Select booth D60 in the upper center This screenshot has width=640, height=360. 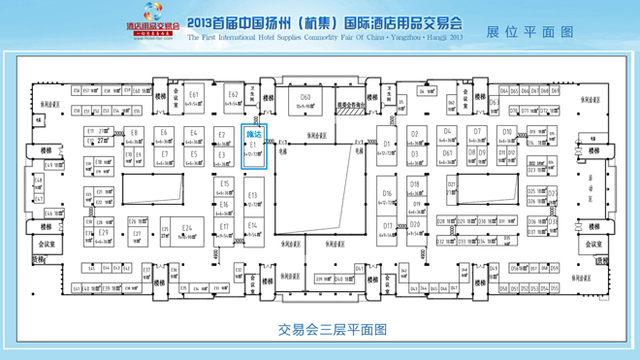tap(305, 101)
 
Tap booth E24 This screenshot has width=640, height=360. tap(186, 231)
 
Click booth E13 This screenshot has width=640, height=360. tap(253, 198)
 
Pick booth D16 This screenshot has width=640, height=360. tap(387, 197)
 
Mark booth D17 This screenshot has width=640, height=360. tap(388, 229)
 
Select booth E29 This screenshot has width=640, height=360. tap(103, 235)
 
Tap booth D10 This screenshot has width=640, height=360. tap(506, 135)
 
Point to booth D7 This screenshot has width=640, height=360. tap(477, 135)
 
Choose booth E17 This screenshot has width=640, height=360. tap(224, 229)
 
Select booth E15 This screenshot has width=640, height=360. tap(224, 186)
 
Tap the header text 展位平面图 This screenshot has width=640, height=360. tap(529, 32)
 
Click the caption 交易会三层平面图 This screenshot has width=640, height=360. tap(332, 330)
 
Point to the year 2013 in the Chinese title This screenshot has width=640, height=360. tap(207, 22)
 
